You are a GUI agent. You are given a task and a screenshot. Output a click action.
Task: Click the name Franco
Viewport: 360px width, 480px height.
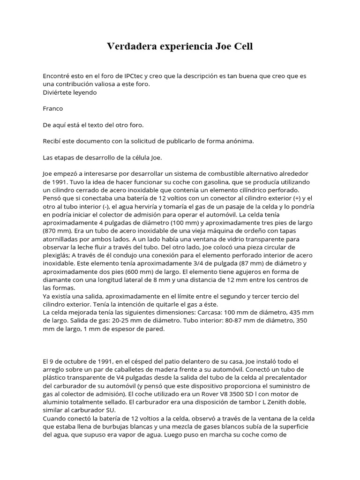(52, 109)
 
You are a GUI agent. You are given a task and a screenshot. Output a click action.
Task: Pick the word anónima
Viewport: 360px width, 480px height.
(239, 142)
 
